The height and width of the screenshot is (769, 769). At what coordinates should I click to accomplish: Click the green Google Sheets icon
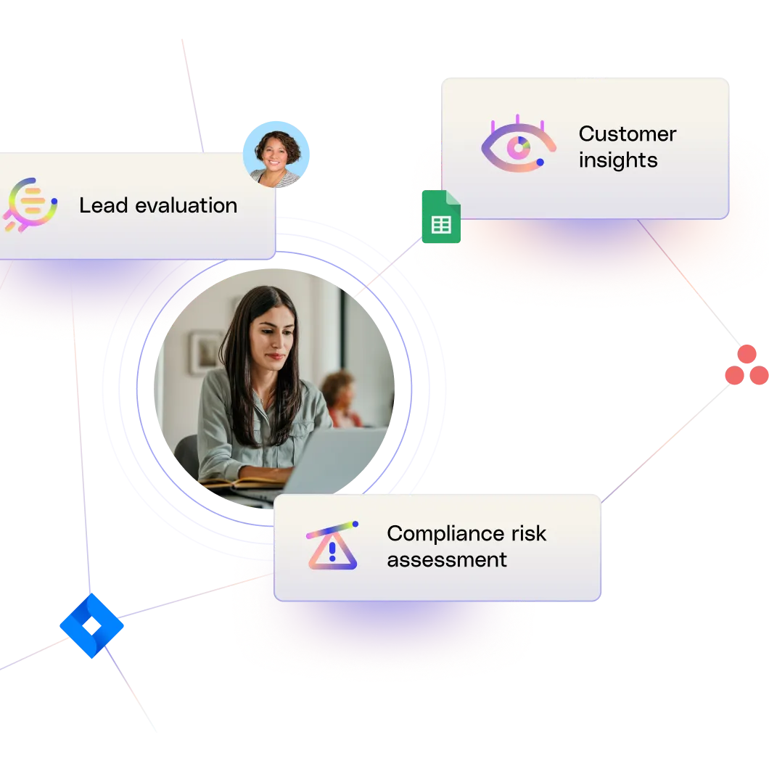coord(440,216)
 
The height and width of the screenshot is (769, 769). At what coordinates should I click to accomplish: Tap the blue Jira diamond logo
coord(91,625)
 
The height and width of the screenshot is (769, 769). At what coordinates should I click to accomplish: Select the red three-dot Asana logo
coord(746,366)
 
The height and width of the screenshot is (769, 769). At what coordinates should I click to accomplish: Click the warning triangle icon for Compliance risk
coord(332,545)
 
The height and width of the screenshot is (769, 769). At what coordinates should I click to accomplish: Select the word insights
coord(617,160)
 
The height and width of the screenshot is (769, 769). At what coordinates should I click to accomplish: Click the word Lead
coord(98,205)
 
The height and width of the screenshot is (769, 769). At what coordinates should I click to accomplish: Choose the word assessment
coord(446,560)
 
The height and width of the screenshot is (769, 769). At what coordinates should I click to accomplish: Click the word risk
coord(531,534)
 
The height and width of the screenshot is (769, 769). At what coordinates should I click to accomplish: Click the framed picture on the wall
coord(206,353)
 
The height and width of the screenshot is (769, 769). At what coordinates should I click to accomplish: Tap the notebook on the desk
coord(239,482)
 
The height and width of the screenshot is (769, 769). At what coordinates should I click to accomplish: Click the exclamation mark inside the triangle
coord(332,551)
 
